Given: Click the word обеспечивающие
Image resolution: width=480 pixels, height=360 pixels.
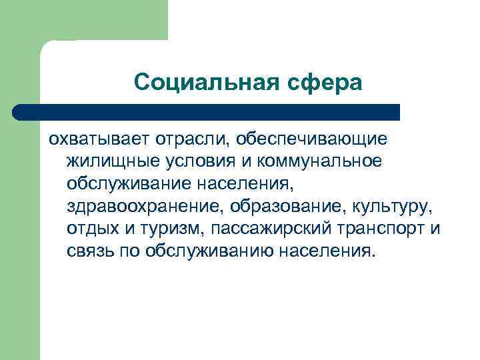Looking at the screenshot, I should tap(306, 141).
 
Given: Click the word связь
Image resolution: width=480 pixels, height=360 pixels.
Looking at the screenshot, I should tap(89, 251).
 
